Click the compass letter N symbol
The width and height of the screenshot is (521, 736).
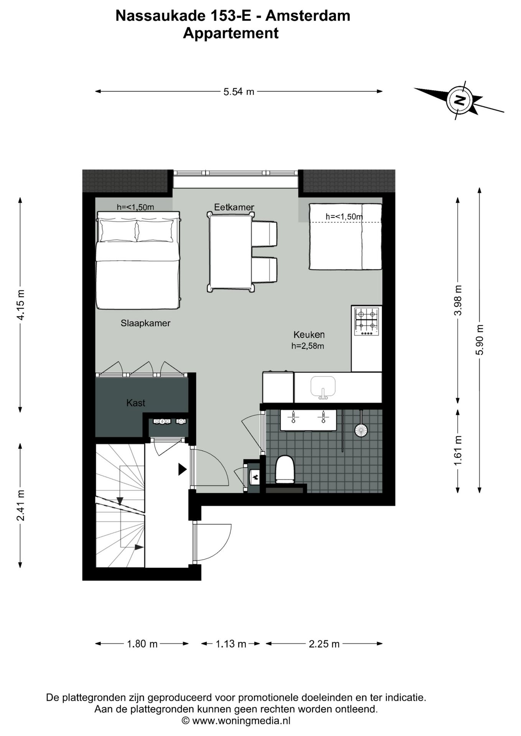pyautogui.click(x=460, y=100)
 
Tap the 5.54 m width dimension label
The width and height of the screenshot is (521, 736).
pyautogui.click(x=239, y=92)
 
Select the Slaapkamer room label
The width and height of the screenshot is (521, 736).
pyautogui.click(x=145, y=323)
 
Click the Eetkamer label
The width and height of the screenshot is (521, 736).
pyautogui.click(x=234, y=207)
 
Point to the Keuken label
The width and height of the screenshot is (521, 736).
pyautogui.click(x=309, y=334)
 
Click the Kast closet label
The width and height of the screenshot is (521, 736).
pyautogui.click(x=136, y=403)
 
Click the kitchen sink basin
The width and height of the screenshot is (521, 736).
pyautogui.click(x=323, y=386)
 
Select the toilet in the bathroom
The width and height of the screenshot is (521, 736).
pyautogui.click(x=285, y=468)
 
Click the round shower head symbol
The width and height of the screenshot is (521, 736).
pyautogui.click(x=361, y=430)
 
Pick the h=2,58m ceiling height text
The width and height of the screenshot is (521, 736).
pyautogui.click(x=308, y=346)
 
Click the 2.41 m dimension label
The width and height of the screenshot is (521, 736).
pyautogui.click(x=21, y=505)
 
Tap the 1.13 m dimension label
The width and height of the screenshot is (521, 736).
pyautogui.click(x=231, y=644)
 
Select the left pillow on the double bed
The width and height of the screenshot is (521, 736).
pyautogui.click(x=118, y=231)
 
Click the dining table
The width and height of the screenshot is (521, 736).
pyautogui.click(x=231, y=251)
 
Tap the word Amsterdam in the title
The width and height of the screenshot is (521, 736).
pyautogui.click(x=308, y=16)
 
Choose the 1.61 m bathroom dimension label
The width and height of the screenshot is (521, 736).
pyautogui.click(x=458, y=451)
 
